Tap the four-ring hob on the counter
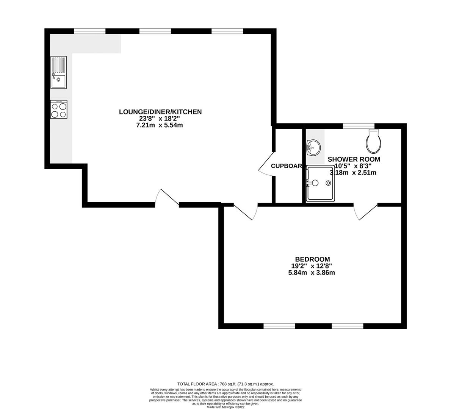tap(59, 109)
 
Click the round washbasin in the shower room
tap(313, 147)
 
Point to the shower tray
tap(320, 184)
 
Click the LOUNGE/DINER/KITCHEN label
tap(160, 112)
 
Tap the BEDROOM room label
tap(312, 259)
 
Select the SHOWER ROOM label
tap(354, 159)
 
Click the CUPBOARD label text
tap(287, 166)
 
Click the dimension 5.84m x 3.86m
tap(312, 272)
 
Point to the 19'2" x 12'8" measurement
tap(312, 266)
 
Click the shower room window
tap(359, 126)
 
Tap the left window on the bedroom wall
tap(279, 326)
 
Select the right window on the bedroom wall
tap(348, 326)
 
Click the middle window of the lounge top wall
tap(155, 31)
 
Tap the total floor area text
tap(225, 384)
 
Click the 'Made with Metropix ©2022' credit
tap(225, 407)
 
